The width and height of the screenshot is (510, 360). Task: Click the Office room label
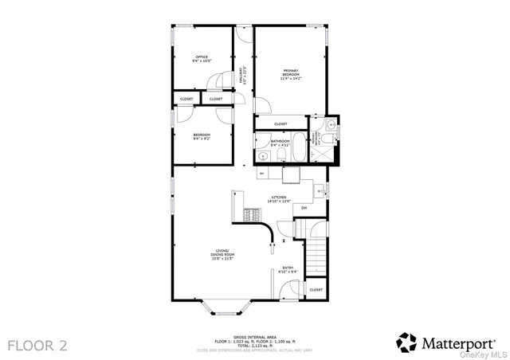coord(201,58)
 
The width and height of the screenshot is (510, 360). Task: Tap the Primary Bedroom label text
coord(290,73)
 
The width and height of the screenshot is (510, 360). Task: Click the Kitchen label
coord(279,199)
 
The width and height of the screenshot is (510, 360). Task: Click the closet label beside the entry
coord(316,290)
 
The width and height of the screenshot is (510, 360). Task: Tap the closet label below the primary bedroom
coord(280,124)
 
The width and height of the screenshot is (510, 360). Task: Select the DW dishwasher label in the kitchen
coord(304,208)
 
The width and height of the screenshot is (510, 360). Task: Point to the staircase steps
coord(315,255)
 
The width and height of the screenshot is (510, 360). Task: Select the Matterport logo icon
coord(406,342)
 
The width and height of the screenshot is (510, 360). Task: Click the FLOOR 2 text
coord(37,345)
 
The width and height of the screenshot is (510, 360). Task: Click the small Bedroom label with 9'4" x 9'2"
coord(202,136)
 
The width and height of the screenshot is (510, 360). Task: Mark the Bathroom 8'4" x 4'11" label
coord(279,143)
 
